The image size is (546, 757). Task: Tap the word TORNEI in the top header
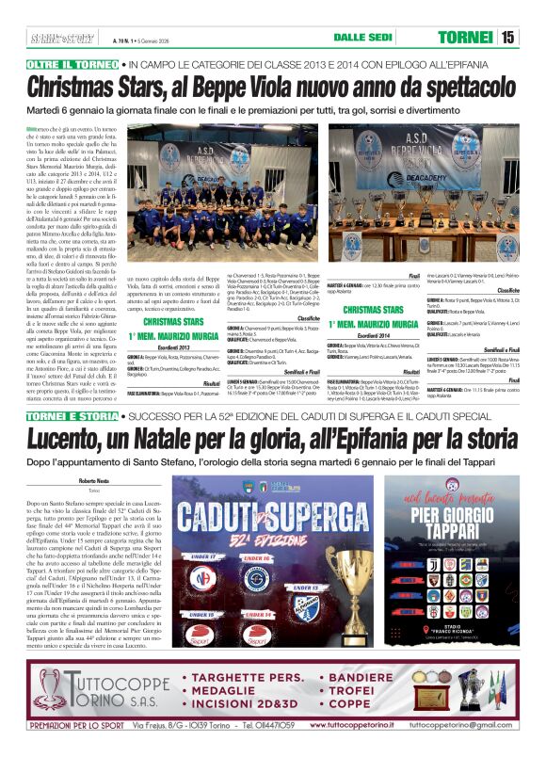click(466, 38)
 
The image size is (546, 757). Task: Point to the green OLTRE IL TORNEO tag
click(72, 64)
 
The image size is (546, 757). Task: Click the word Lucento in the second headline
click(77, 440)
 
